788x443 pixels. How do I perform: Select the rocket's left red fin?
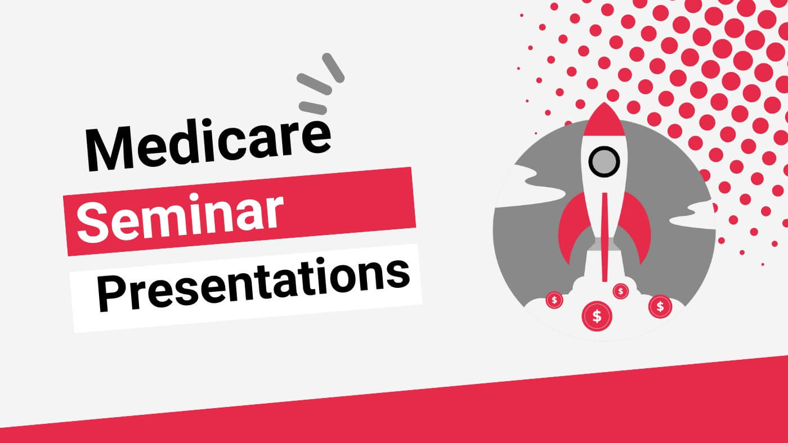click(571, 225)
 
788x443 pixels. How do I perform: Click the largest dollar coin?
click(597, 316)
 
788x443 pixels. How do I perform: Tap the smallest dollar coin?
click(621, 291)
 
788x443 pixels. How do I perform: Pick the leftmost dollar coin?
click(554, 300)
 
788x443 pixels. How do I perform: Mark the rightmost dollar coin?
click(660, 306)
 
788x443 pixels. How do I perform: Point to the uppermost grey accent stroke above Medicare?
click(333, 66)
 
